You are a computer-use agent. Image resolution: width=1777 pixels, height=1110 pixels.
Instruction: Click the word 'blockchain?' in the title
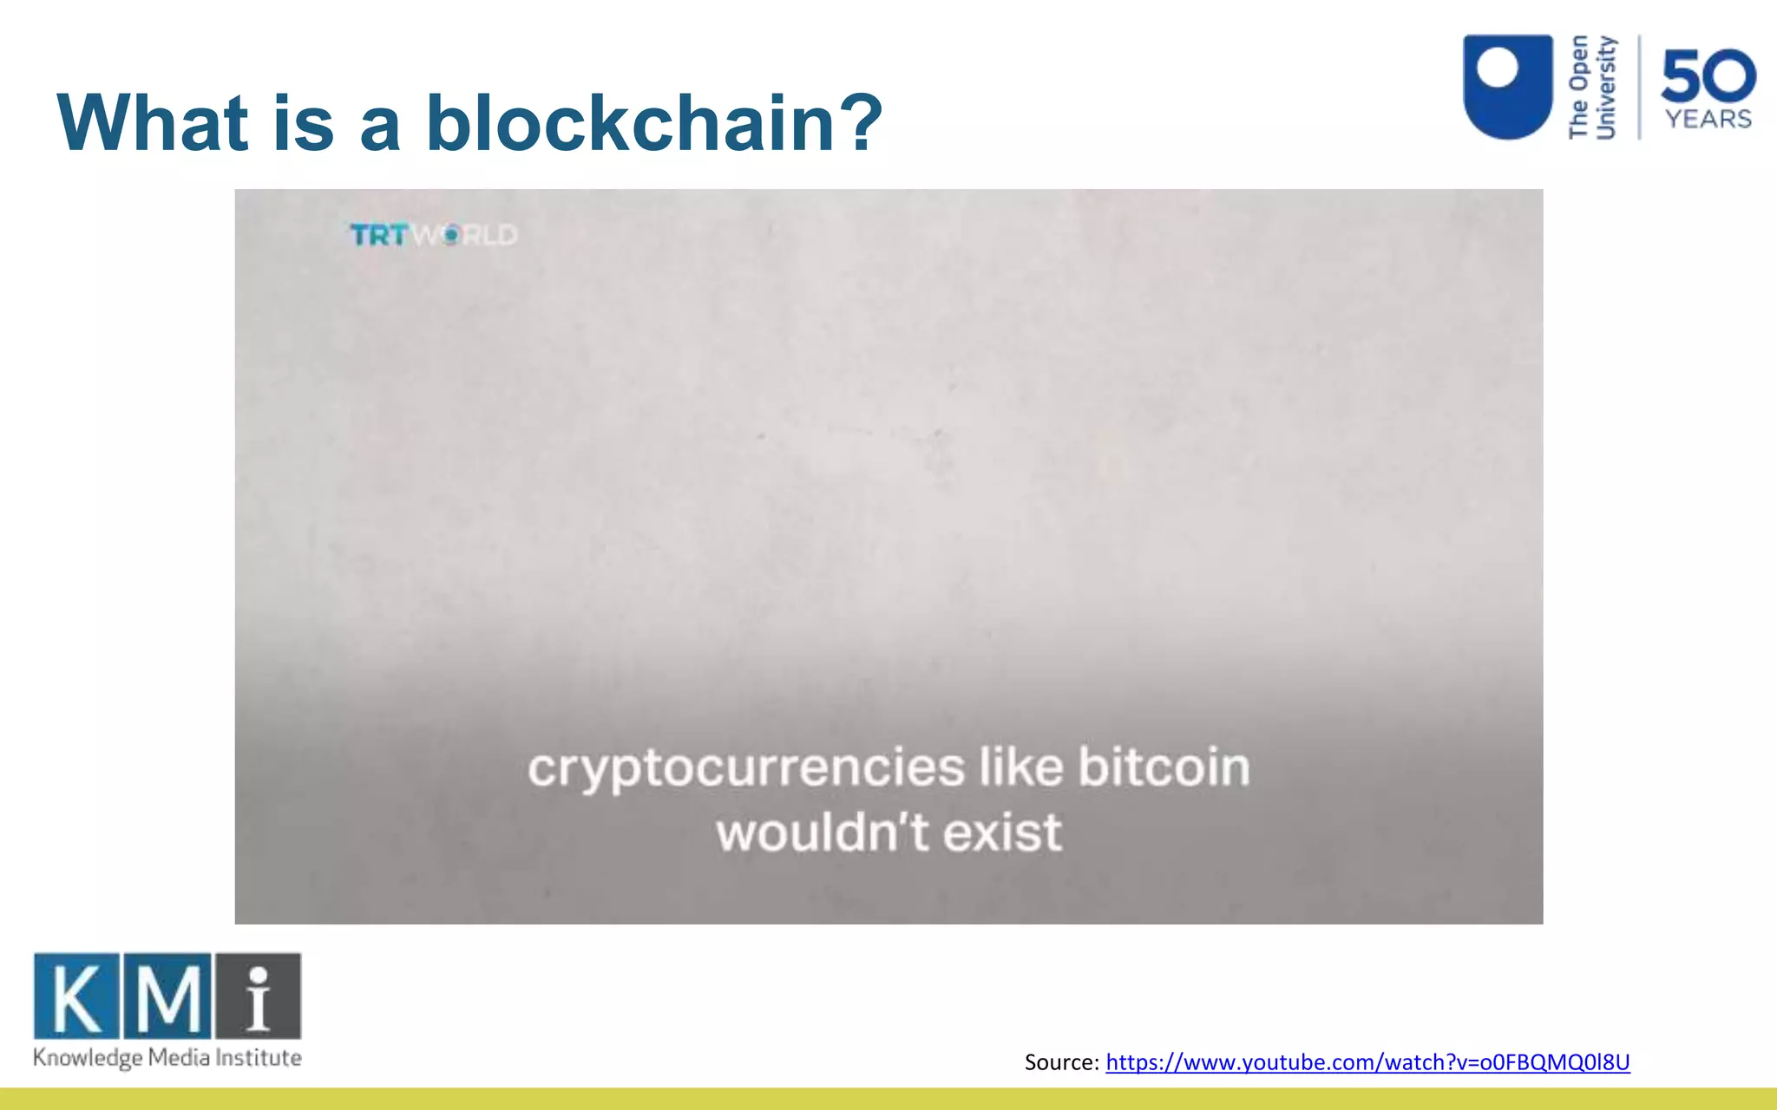point(653,123)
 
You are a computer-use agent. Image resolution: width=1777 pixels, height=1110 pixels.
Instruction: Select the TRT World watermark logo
point(433,235)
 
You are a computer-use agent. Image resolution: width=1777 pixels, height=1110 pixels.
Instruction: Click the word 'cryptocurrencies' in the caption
point(745,768)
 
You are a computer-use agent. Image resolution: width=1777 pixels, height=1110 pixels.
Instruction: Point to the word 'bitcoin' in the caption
point(1164,767)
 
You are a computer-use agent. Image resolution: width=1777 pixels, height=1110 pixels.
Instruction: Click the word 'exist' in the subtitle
point(1002,832)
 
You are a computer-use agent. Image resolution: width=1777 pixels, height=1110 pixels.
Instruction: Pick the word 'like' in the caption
point(1020,767)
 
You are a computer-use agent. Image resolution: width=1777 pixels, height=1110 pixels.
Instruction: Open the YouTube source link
point(1367,1062)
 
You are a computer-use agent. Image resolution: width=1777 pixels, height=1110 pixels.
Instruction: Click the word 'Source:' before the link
point(1062,1062)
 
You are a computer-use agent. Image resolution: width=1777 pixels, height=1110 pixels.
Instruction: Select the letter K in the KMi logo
point(76,996)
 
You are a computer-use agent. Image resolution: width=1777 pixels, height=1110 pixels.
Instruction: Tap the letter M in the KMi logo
point(167,996)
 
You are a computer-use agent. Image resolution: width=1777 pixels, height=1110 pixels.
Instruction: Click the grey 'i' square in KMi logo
point(259,996)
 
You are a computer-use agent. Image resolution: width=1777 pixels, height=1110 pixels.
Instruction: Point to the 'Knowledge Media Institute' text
point(167,1058)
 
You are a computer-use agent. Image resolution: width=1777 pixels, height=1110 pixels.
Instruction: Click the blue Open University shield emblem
point(1507,87)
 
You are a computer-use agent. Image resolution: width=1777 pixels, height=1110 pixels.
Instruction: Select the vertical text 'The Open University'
point(1592,87)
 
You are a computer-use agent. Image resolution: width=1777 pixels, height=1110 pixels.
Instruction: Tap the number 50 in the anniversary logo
point(1708,76)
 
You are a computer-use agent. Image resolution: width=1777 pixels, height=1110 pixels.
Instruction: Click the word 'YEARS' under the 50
point(1708,119)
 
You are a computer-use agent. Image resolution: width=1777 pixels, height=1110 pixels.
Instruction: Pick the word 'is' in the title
point(303,123)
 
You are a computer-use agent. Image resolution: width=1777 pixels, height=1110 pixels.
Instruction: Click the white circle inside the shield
point(1498,68)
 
